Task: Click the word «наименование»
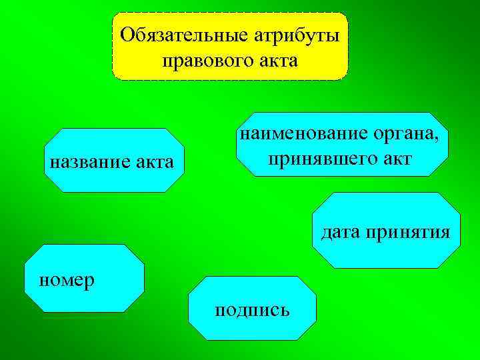tap(305, 134)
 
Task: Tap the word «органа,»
tap(408, 134)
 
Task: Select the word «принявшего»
tap(318, 159)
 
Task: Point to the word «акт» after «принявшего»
tap(393, 159)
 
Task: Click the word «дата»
tap(341, 232)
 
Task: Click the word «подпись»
tap(251, 311)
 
